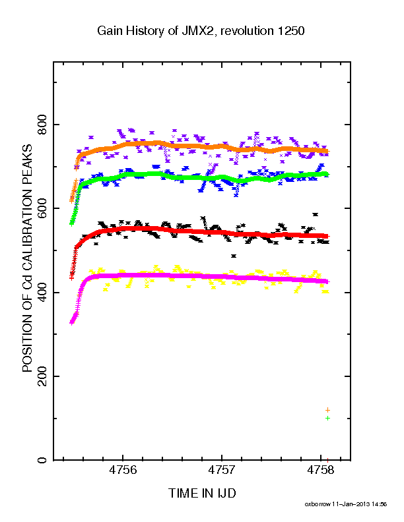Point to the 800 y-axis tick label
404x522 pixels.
[42, 124]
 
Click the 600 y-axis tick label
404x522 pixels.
[42, 208]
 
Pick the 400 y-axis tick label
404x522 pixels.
[42, 292]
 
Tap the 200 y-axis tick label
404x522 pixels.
[42, 376]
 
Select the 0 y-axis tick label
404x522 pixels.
[42, 460]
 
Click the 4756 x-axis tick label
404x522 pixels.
[123, 470]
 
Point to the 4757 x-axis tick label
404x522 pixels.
[222, 470]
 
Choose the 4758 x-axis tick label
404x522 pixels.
[321, 470]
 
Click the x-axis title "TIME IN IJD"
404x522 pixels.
[202, 493]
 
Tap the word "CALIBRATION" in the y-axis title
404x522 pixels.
[27, 232]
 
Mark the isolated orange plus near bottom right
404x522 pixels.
[327, 410]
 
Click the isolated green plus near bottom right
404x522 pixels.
[327, 418]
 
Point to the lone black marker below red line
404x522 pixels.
[234, 256]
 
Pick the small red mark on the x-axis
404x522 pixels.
[327, 460]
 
